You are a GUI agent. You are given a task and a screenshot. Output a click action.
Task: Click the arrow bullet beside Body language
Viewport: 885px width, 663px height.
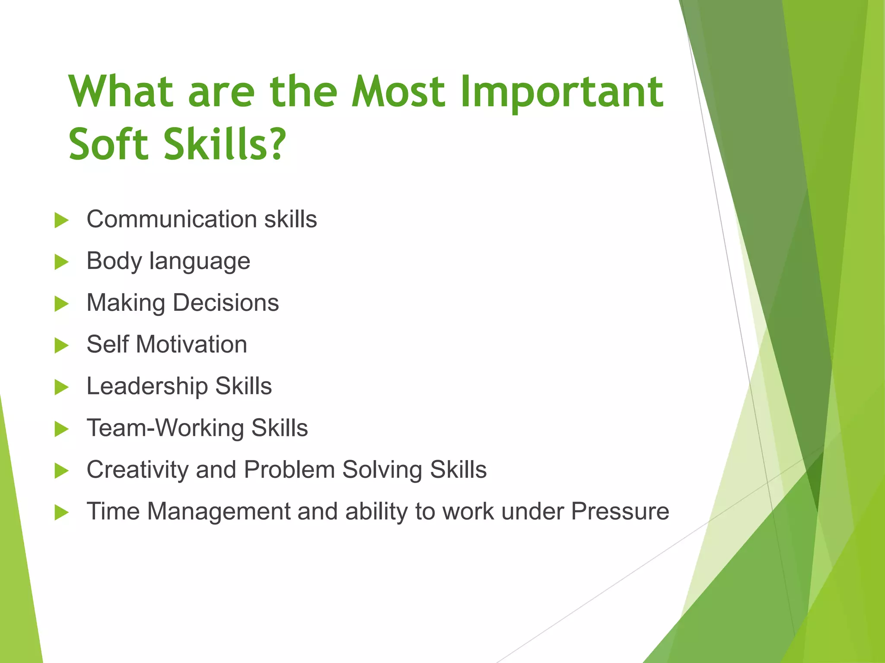[x=61, y=262]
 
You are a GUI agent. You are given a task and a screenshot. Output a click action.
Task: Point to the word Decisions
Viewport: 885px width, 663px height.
[x=226, y=303]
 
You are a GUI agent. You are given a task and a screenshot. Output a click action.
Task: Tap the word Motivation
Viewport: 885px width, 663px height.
[x=191, y=344]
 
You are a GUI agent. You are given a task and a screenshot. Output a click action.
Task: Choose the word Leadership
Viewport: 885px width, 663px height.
[x=147, y=386]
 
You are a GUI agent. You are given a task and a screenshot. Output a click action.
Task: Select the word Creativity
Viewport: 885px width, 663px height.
[x=137, y=470]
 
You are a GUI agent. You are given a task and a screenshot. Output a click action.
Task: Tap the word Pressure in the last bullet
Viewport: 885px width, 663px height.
[x=620, y=511]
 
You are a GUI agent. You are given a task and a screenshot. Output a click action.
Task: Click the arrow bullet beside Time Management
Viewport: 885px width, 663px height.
[x=61, y=513]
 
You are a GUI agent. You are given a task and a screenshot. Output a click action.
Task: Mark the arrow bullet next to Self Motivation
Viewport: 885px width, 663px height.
[x=61, y=346]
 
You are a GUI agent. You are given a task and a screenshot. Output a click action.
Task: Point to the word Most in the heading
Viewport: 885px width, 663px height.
[x=398, y=92]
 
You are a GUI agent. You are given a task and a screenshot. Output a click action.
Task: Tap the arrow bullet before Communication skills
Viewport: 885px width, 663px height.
[x=61, y=220]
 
